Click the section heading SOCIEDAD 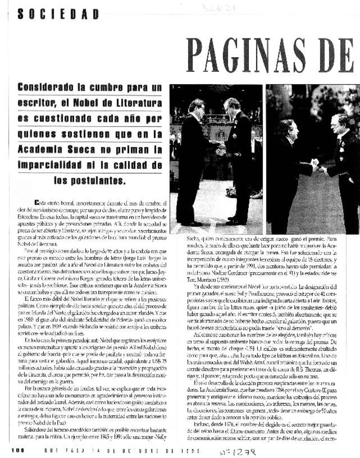coord(58,14)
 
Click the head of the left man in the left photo coord(197,107)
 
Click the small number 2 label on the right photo coord(269,87)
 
